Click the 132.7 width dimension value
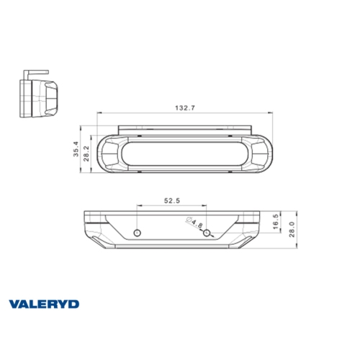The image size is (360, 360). pyautogui.click(x=185, y=107)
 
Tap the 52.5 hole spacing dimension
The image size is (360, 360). pyautogui.click(x=171, y=200)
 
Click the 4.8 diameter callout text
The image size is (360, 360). pyautogui.click(x=195, y=224)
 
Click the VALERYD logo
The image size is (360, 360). pyautogui.click(x=45, y=305)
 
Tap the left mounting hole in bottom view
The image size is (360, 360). pyautogui.click(x=137, y=233)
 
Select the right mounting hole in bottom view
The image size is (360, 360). pyautogui.click(x=207, y=233)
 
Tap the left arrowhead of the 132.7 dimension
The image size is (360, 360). pyautogui.click(x=99, y=112)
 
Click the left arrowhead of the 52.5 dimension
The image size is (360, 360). pyautogui.click(x=138, y=206)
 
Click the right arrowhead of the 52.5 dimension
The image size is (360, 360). pyautogui.click(x=205, y=206)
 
